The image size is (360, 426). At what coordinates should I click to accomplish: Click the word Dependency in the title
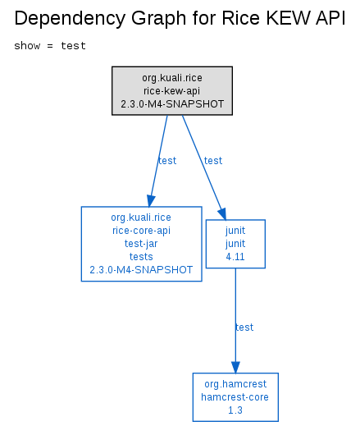[71, 19]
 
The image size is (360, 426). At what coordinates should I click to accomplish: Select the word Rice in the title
[241, 18]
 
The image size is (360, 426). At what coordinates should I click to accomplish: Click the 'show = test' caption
[50, 46]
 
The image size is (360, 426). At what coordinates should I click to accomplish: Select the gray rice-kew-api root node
[172, 90]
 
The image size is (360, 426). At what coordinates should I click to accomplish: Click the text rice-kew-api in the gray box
[172, 91]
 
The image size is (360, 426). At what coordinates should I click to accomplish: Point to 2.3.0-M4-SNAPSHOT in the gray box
[172, 104]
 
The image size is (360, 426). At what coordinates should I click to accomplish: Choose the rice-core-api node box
[142, 244]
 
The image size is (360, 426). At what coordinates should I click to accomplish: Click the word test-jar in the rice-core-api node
[141, 244]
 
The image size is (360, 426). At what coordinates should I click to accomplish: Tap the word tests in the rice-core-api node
[141, 257]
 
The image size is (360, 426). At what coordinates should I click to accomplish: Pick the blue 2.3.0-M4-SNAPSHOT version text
[141, 270]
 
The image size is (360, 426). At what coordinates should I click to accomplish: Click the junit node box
[235, 244]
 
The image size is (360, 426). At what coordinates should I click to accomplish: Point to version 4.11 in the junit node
[235, 257]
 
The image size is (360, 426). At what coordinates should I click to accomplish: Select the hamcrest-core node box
[235, 397]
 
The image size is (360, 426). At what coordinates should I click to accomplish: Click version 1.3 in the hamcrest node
[235, 410]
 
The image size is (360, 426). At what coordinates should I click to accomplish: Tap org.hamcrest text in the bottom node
[235, 384]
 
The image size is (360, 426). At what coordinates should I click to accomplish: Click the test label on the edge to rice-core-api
[167, 161]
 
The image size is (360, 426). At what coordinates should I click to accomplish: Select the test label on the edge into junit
[213, 161]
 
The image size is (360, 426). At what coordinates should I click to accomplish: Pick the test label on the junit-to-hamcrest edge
[244, 328]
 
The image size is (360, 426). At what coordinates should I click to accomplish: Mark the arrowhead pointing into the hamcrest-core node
[235, 367]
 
